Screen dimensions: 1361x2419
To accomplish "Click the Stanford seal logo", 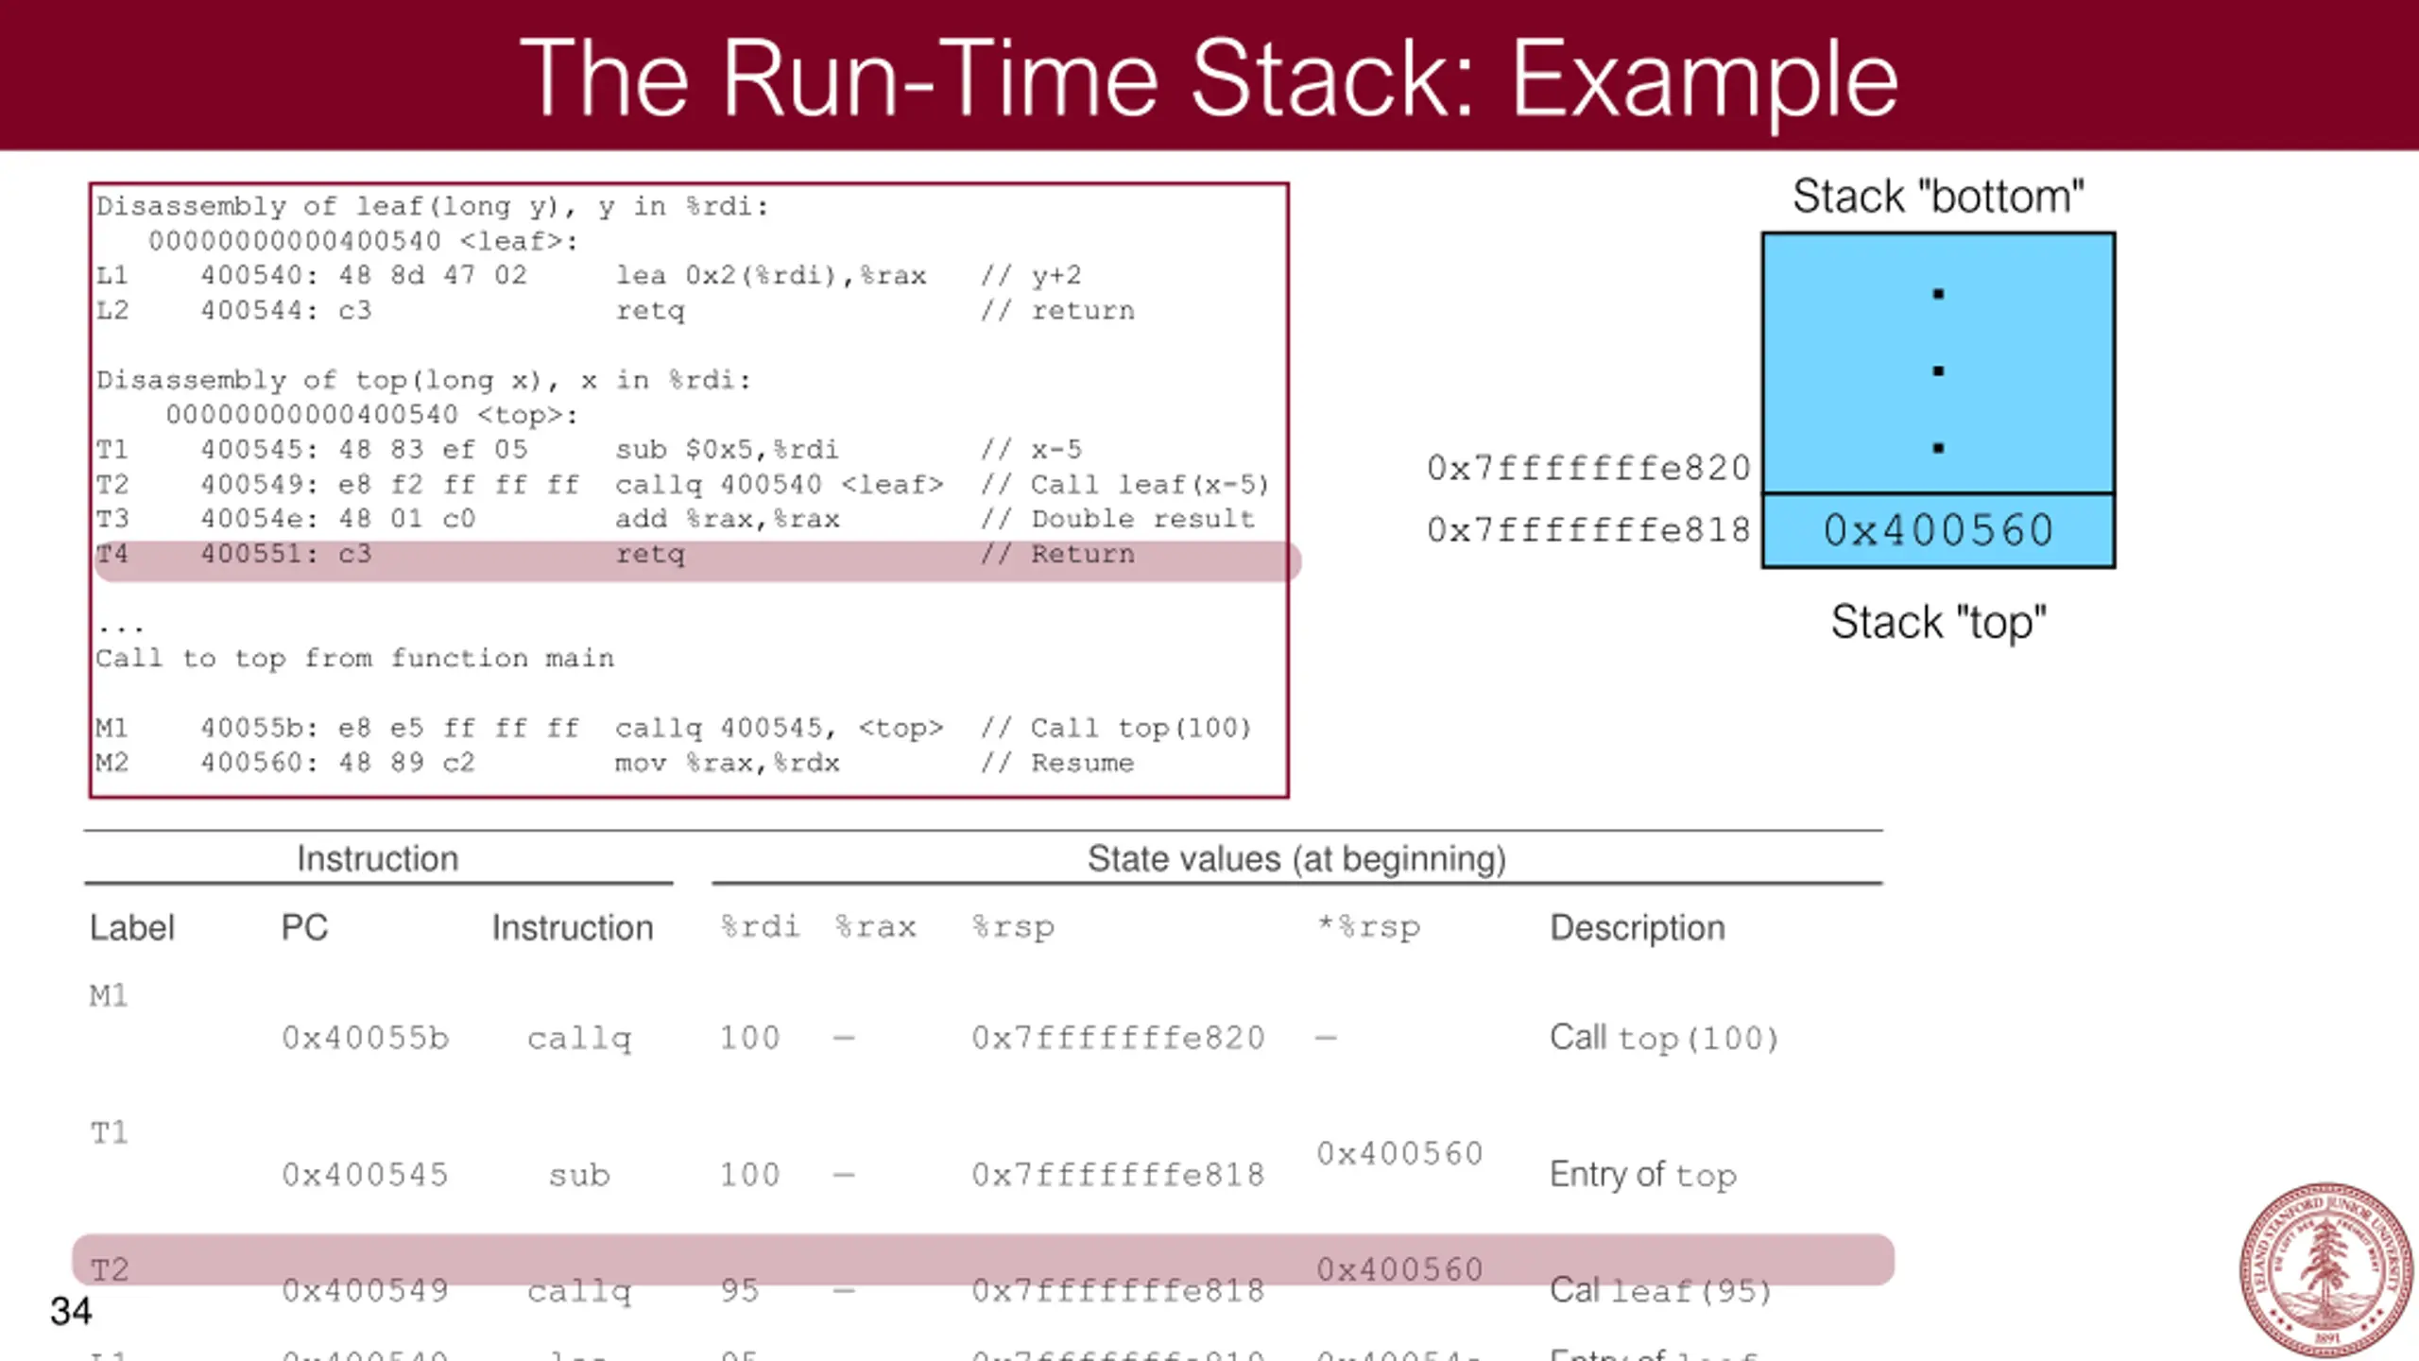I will tap(2325, 1269).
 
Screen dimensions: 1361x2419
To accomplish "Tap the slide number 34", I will tap(71, 1311).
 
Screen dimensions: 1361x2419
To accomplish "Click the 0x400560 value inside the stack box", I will tap(1938, 530).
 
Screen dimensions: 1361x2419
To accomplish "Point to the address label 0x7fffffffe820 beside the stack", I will tap(1588, 468).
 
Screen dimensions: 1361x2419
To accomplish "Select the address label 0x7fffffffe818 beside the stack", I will tap(1588, 530).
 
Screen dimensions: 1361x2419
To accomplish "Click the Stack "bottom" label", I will tap(1938, 197).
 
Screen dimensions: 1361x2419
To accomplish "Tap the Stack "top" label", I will tap(1938, 622).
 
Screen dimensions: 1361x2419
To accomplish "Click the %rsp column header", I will tap(1013, 927).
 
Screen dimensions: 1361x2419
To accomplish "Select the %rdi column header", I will tap(760, 926).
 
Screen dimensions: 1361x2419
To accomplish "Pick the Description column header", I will tap(1637, 927).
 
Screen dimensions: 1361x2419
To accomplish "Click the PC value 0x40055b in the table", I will tap(365, 1038).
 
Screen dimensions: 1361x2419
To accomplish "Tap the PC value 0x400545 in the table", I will tap(365, 1175).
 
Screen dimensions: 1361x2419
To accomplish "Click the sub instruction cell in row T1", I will tap(579, 1175).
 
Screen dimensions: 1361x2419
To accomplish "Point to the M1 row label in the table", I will tap(109, 995).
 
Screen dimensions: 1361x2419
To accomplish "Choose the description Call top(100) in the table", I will tap(1664, 1038).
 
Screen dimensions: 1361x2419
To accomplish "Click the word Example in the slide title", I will tap(1704, 79).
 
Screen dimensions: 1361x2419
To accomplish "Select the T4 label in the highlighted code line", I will tap(112, 553).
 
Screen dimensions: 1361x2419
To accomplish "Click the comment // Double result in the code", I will tap(1118, 519).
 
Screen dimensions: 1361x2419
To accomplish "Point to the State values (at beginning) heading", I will tap(1296, 858).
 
